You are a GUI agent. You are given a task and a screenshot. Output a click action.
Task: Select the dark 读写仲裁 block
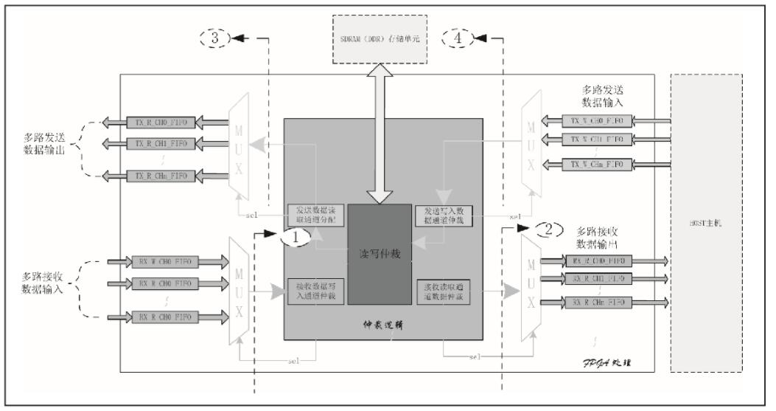click(380, 253)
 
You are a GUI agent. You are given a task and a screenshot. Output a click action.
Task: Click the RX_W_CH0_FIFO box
click(161, 260)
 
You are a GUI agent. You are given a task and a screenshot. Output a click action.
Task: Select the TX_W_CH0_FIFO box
click(591, 120)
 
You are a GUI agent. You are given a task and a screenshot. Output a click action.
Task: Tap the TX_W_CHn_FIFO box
click(591, 163)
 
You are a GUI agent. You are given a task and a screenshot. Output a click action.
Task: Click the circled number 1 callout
click(296, 238)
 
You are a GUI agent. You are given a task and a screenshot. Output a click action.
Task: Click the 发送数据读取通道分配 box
click(315, 215)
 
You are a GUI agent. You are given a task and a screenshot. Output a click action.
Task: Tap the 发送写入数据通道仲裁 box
click(442, 215)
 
